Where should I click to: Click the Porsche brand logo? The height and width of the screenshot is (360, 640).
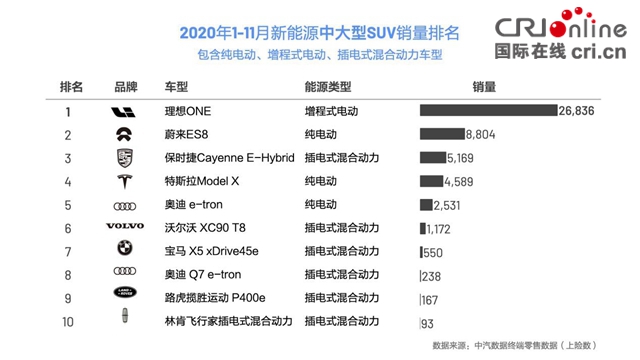(125, 158)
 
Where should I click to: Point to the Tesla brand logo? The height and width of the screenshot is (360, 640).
(125, 181)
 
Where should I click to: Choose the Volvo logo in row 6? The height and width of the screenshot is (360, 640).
(125, 227)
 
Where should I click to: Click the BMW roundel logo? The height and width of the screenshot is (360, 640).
(125, 250)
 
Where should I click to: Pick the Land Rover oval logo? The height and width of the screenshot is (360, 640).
(125, 297)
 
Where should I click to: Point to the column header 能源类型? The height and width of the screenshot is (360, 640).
(329, 87)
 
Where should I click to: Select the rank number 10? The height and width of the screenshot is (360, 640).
(68, 321)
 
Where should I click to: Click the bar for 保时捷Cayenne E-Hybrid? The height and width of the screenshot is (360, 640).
(433, 157)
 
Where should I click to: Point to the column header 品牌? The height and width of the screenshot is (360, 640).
(125, 87)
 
